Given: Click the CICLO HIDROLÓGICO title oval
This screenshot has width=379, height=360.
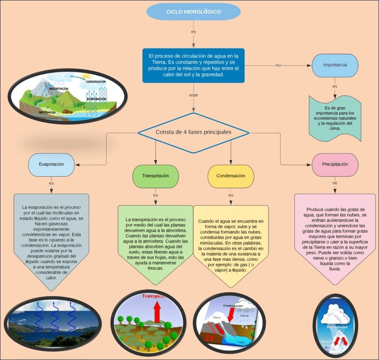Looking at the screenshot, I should tap(193, 12).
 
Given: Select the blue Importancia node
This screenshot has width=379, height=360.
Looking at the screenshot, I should tap(335, 65).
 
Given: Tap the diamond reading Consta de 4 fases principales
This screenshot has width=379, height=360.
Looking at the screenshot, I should tap(193, 132).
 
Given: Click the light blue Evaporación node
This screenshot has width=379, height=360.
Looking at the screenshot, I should tap(51, 165).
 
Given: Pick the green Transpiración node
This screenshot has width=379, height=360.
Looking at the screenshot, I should tap(155, 176).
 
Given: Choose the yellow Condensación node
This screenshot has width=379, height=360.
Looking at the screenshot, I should tap(230, 176).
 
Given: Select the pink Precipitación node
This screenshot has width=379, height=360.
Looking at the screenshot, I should tap(335, 165).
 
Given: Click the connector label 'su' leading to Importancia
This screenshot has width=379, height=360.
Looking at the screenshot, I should tap(278, 65).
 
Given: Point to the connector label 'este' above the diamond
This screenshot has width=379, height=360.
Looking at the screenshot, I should tap(193, 95).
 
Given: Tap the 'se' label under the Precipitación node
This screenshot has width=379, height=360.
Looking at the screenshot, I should tap(335, 183).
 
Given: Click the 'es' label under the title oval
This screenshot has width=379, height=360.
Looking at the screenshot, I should tap(193, 31).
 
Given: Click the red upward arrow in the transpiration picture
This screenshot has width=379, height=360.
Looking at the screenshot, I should tap(157, 312).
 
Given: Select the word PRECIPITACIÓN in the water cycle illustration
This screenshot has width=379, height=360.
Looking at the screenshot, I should tap(58, 89).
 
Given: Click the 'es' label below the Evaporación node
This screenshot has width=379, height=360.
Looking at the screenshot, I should tap(51, 183).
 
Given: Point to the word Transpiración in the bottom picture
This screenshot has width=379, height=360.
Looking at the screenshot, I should tap(153, 296).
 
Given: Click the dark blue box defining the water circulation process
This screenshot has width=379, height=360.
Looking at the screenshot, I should tap(193, 65).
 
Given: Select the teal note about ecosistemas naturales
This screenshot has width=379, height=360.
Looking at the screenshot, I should tap(335, 118).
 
